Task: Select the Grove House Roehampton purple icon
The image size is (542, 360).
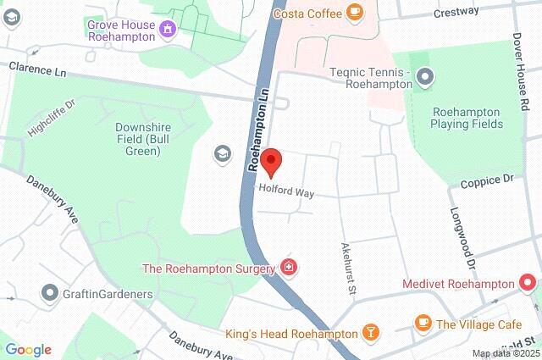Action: [x=168, y=30]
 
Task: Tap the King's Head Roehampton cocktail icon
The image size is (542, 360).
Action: [x=370, y=332]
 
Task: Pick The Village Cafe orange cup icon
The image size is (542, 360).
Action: [x=423, y=323]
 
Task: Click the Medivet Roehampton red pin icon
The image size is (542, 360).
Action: [x=529, y=281]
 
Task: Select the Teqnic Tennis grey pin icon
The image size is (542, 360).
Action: [x=426, y=79]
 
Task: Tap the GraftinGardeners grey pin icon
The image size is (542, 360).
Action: [x=49, y=293]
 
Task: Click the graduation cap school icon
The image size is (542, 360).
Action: [x=221, y=153]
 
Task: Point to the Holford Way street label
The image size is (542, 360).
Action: [x=287, y=192]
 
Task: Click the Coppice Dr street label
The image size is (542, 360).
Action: [x=487, y=180]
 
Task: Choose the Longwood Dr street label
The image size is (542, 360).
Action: [x=464, y=236]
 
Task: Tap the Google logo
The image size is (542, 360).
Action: [x=28, y=350]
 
